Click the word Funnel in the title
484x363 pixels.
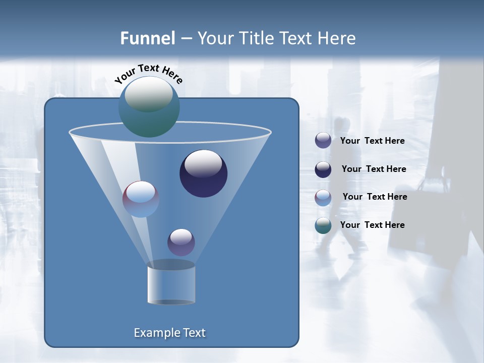147,38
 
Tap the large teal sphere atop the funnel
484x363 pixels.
149,106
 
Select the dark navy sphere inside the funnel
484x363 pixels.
203,173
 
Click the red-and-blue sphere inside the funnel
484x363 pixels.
141,199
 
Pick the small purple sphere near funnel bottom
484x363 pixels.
181,242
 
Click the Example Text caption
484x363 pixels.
169,333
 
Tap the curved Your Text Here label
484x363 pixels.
148,74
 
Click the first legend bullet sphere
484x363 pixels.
323,141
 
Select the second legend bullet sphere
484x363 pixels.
323,169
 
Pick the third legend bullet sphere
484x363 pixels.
323,198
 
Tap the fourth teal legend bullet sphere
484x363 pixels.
323,225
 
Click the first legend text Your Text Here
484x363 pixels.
372,141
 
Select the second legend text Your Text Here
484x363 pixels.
374,169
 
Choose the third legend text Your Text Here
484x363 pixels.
375,197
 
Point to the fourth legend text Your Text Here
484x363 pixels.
372,225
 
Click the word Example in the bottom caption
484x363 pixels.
153,333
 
